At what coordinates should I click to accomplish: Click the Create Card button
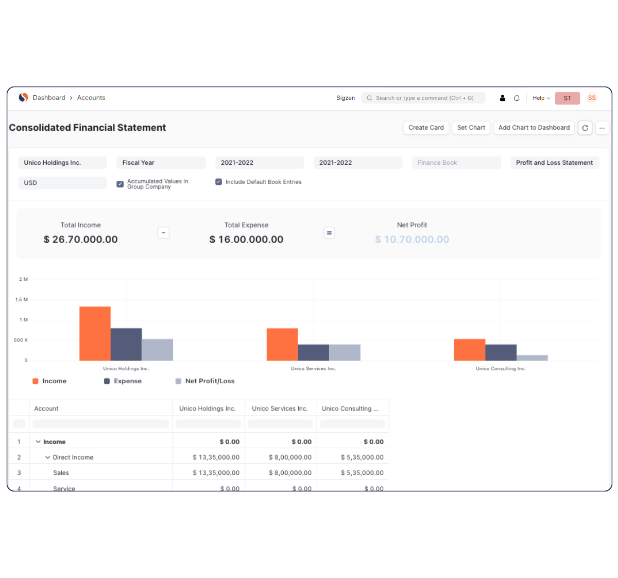426,128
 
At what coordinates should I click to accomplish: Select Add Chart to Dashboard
534,128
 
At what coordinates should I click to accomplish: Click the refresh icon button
585,128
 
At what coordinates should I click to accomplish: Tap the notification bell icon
517,98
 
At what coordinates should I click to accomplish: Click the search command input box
424,98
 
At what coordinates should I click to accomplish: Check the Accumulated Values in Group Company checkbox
120,184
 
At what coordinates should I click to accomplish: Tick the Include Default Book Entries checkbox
218,182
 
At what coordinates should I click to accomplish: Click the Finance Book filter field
456,163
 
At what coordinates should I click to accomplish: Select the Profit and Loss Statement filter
554,163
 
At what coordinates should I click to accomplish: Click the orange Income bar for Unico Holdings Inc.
95,333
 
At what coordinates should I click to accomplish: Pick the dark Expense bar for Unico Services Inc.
313,352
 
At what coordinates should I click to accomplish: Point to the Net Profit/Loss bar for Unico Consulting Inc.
532,358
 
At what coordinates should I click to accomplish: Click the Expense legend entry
123,381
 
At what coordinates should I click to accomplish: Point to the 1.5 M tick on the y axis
22,299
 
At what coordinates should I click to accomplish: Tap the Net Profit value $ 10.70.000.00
412,240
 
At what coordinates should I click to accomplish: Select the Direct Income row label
73,457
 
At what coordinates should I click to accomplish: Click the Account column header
46,409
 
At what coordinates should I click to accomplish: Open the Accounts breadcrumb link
91,98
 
